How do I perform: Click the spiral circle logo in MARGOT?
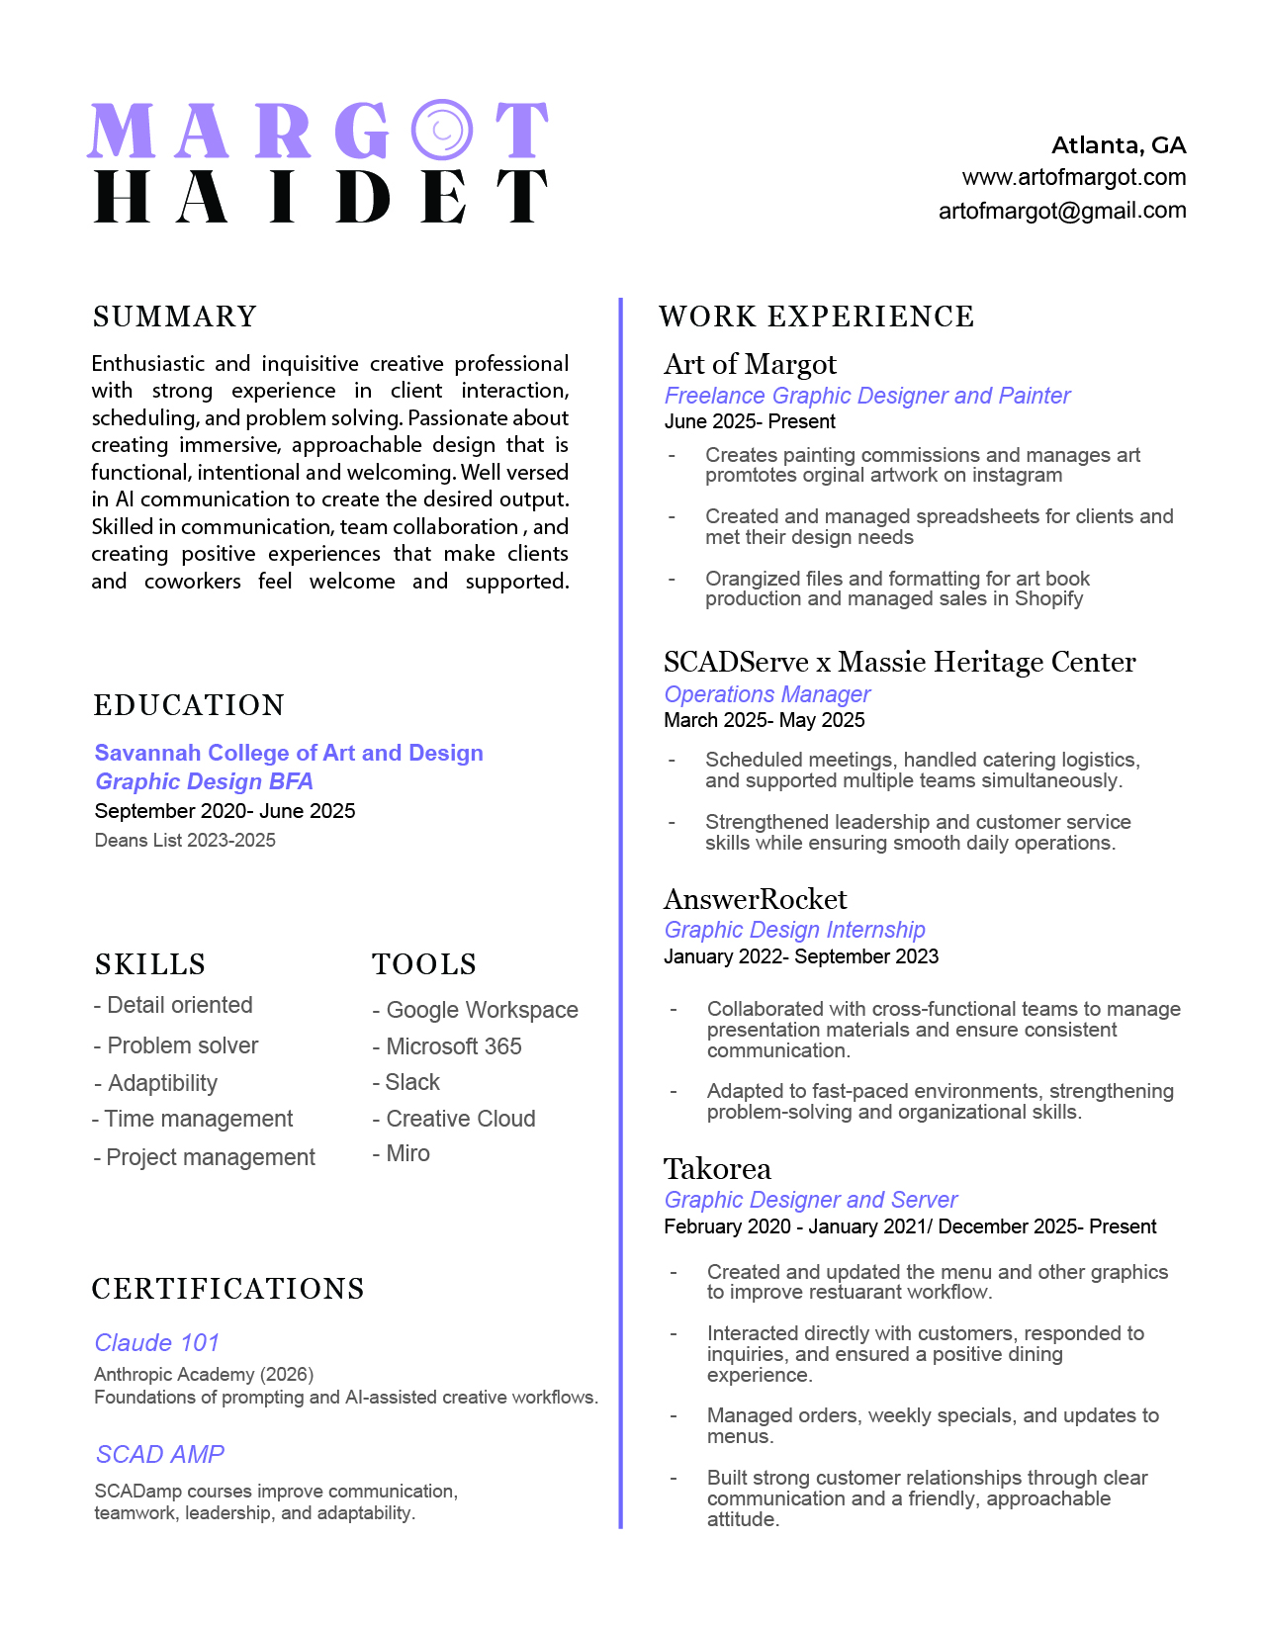[442, 129]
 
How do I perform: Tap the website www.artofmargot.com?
[1073, 178]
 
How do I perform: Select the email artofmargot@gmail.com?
[1061, 211]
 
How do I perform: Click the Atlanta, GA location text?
[1118, 145]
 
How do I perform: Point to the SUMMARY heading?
[175, 317]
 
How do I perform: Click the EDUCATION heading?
[189, 705]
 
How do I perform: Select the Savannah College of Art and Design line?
[289, 753]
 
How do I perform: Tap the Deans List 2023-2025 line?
[185, 841]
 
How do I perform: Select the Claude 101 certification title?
[156, 1342]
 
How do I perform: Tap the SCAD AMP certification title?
[160, 1454]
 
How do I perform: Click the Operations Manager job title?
[766, 694]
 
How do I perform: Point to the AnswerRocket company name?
[755, 899]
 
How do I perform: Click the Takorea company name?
[717, 1169]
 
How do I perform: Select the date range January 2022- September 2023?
[801, 956]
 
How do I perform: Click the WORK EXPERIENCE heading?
[816, 317]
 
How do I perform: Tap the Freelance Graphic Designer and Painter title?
[866, 396]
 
